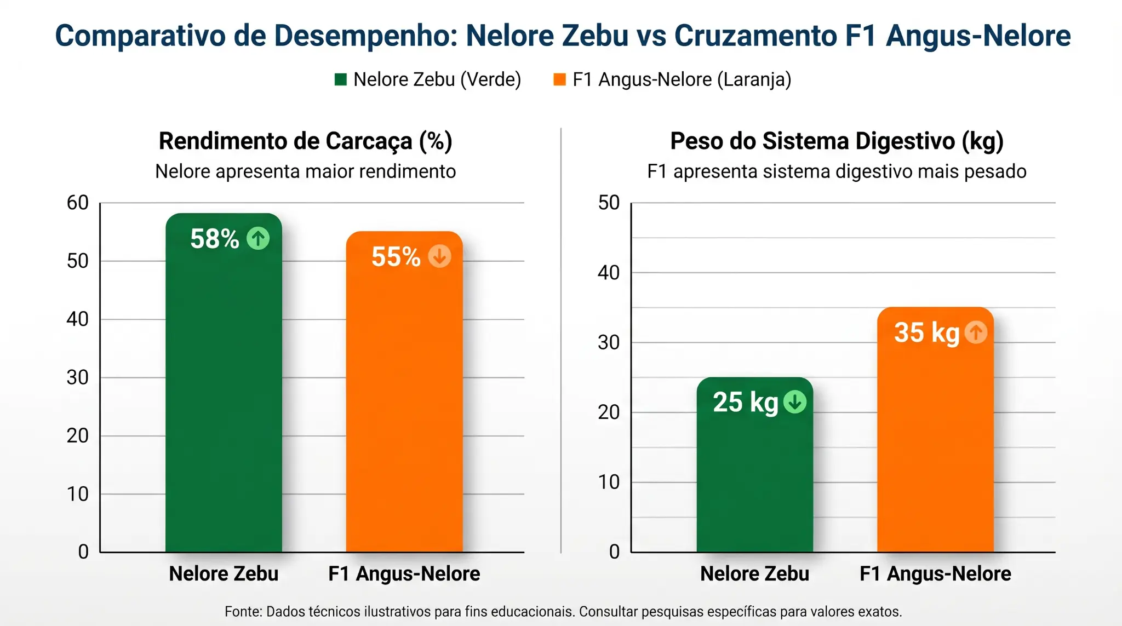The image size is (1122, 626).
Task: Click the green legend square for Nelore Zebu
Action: click(341, 80)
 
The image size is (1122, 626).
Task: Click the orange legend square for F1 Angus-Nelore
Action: click(559, 80)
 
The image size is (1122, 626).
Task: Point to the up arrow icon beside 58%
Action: click(258, 238)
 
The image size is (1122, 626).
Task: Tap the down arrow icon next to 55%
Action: click(439, 256)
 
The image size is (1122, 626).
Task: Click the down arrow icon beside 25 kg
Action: click(794, 402)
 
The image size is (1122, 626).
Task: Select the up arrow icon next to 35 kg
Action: click(976, 332)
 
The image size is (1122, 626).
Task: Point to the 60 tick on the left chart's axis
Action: click(77, 203)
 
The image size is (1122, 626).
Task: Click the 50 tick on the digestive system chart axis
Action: click(609, 203)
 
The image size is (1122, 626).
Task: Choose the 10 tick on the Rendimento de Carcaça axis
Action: click(77, 494)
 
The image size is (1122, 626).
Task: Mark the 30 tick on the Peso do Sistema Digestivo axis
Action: click(609, 343)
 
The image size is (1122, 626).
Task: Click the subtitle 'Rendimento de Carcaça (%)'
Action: click(305, 141)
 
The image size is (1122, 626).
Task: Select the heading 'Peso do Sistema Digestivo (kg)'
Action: click(837, 141)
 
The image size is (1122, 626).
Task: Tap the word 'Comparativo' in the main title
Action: click(140, 36)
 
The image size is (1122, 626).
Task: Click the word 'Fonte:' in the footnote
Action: click(243, 612)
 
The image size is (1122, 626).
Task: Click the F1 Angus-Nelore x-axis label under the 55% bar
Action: click(404, 574)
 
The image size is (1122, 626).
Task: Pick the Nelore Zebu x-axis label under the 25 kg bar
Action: click(754, 574)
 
